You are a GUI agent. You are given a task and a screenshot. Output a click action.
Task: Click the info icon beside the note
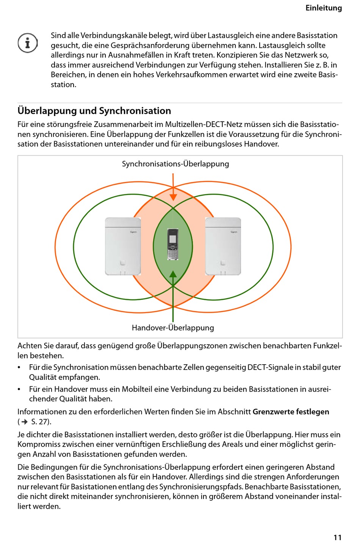(28, 43)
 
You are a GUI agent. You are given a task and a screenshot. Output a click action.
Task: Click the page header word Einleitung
(323, 8)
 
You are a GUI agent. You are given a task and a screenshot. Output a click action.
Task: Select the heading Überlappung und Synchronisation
(94, 111)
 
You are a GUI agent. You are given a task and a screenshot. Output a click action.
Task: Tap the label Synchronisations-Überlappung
(175, 164)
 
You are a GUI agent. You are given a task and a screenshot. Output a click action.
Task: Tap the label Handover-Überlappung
(173, 328)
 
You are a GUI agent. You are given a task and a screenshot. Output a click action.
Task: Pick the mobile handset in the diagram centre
(173, 245)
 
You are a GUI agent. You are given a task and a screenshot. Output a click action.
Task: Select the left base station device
(123, 246)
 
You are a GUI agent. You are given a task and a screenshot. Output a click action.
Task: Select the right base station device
(223, 246)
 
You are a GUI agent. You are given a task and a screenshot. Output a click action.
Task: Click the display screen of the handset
(173, 238)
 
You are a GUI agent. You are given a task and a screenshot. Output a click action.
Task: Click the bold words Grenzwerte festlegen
(291, 412)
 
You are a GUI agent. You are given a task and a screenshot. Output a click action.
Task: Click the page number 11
(337, 537)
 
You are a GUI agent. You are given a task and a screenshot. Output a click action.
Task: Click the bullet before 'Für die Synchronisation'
(19, 367)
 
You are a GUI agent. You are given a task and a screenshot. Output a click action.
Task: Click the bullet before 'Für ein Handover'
(19, 389)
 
